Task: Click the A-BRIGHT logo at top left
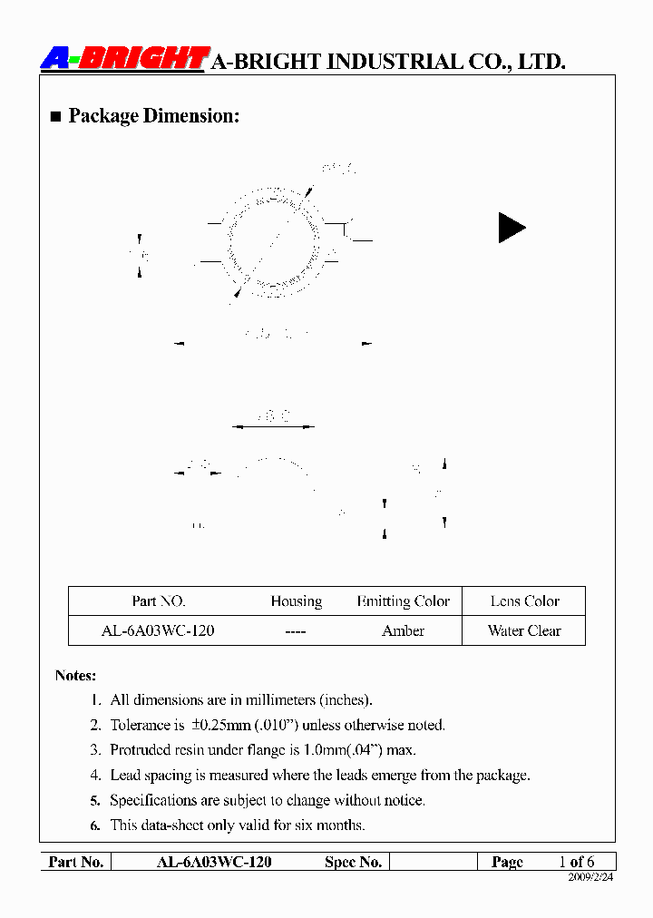click(125, 59)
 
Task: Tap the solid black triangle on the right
click(511, 228)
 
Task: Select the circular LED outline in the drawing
click(273, 243)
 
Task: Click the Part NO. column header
click(159, 601)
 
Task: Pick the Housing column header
click(296, 601)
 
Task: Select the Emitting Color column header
click(403, 601)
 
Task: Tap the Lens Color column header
click(524, 601)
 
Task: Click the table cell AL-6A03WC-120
click(158, 630)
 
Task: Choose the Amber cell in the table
click(403, 630)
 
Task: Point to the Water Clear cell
click(524, 630)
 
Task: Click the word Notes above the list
click(75, 676)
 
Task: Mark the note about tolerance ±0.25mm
click(278, 725)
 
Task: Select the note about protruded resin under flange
click(263, 750)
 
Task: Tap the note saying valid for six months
click(238, 825)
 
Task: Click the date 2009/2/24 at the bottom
click(590, 878)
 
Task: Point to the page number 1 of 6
click(577, 862)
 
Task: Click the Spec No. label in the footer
click(353, 862)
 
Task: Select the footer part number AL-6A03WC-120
click(214, 862)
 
